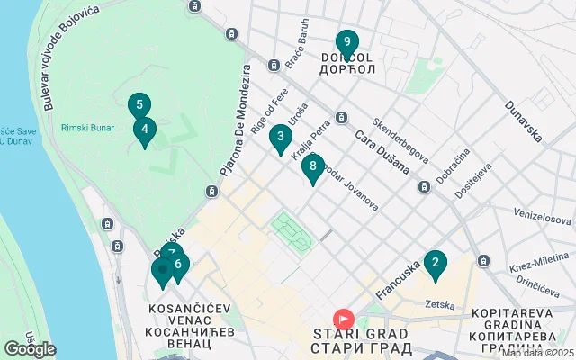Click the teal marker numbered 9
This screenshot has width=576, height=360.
click(346, 42)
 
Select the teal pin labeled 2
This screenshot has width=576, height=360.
click(436, 264)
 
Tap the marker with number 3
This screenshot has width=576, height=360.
click(281, 138)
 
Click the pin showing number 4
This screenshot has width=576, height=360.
click(178, 265)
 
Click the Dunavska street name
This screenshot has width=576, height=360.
click(523, 121)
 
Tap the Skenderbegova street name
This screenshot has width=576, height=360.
click(400, 134)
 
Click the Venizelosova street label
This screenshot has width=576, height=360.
click(543, 218)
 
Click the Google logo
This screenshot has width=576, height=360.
click(30, 349)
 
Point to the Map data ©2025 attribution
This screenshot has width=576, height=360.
click(537, 354)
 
